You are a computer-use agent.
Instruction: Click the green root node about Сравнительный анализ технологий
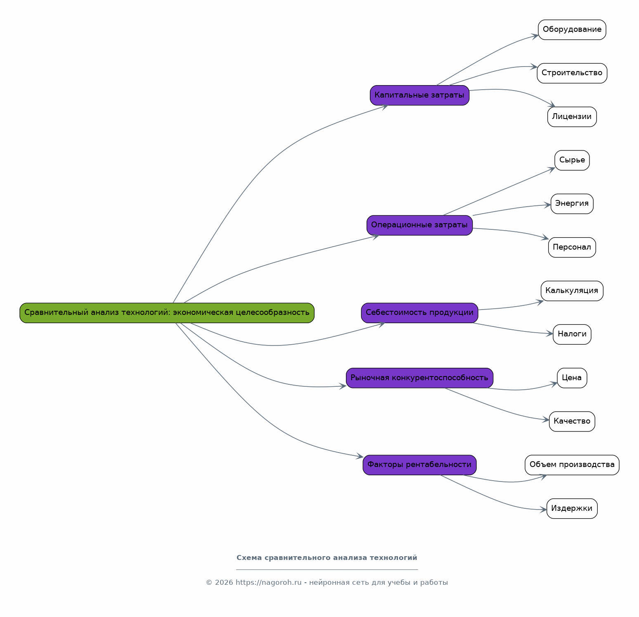[x=167, y=313]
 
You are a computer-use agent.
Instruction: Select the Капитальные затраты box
[x=419, y=95]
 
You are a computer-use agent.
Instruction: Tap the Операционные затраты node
[x=419, y=225]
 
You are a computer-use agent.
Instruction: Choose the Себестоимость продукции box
[x=419, y=313]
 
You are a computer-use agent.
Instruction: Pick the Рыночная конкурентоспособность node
[x=419, y=378]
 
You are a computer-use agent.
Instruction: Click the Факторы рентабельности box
[x=419, y=465]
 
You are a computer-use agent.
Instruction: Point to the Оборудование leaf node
[x=572, y=30]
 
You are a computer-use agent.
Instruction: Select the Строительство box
[x=572, y=73]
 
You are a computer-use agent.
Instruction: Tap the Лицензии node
[x=572, y=117]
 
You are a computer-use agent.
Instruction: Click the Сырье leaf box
[x=572, y=160]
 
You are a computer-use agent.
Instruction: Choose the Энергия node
[x=572, y=204]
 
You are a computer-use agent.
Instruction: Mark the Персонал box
[x=572, y=248]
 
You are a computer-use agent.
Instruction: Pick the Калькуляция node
[x=572, y=291]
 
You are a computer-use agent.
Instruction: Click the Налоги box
[x=572, y=334]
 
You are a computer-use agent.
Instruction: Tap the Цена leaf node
[x=572, y=378]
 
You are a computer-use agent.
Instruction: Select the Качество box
[x=572, y=422]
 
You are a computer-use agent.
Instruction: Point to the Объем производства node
[x=572, y=465]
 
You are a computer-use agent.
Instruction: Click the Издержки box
[x=572, y=509]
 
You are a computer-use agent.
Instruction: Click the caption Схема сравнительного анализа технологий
[x=327, y=558]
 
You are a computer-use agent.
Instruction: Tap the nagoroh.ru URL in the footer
[x=269, y=583]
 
